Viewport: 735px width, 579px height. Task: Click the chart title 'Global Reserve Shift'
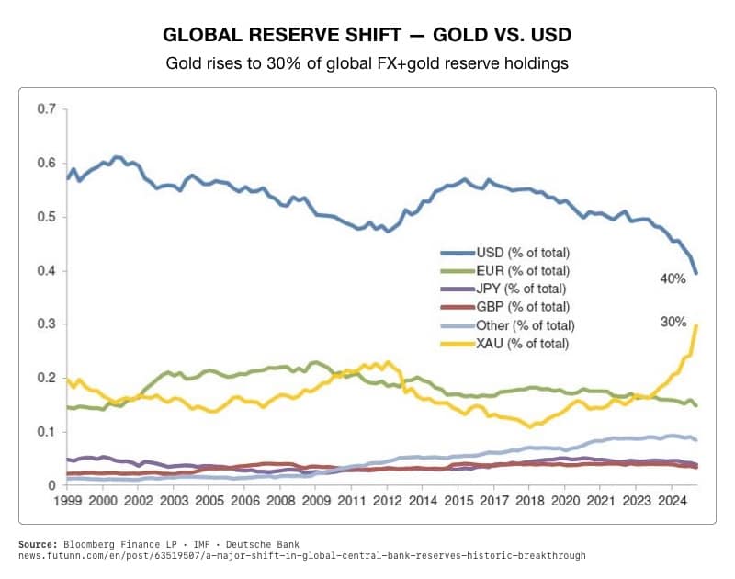(367, 35)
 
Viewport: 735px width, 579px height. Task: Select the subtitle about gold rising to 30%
(367, 64)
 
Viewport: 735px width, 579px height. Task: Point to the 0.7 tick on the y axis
(46, 109)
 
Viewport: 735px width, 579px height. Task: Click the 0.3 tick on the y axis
(46, 324)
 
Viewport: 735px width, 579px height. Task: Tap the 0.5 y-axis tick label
(46, 217)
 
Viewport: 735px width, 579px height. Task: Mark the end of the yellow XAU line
(696, 325)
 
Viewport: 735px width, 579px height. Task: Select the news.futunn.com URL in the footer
(301, 556)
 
